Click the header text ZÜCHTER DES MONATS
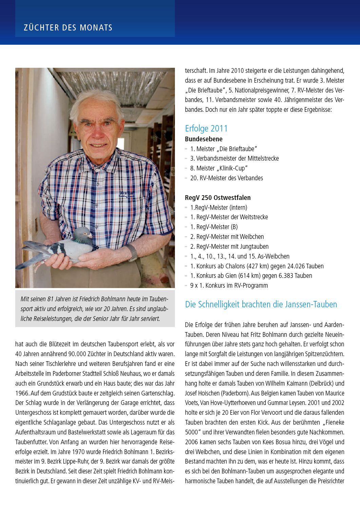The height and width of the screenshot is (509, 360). click(68, 27)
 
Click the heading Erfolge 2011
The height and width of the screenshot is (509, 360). click(206, 128)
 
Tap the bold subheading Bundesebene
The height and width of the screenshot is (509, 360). click(203, 139)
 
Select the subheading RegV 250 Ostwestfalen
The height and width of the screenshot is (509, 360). click(218, 198)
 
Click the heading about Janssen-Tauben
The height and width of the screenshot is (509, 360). click(261, 304)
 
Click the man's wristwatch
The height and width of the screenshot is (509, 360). click(132, 252)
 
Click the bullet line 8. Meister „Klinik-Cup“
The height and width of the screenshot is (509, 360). click(219, 168)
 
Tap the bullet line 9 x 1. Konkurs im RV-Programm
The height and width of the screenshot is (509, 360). click(229, 285)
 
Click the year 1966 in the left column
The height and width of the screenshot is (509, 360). click(22, 393)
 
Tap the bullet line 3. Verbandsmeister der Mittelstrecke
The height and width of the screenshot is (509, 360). click(234, 158)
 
